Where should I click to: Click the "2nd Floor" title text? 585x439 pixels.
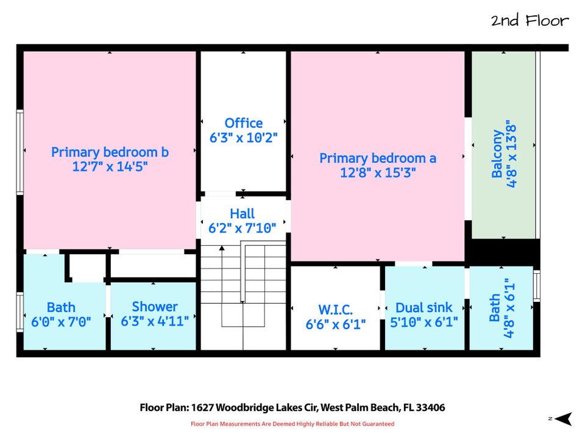(x=530, y=20)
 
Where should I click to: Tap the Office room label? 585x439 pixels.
(x=243, y=123)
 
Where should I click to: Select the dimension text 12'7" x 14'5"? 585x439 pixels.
(x=110, y=166)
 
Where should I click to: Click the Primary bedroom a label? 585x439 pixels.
(x=378, y=159)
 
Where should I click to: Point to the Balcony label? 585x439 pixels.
(x=497, y=154)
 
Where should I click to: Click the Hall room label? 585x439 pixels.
(x=242, y=213)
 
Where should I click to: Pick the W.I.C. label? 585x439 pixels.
(x=335, y=310)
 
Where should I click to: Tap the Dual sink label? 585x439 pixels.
(x=424, y=307)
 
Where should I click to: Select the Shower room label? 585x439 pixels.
(x=154, y=307)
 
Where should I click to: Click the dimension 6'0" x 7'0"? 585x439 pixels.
(x=61, y=321)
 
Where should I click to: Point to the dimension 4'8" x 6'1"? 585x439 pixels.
(x=509, y=309)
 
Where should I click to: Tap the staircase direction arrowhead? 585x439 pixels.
(x=222, y=248)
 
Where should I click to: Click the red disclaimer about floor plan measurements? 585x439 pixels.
(x=292, y=424)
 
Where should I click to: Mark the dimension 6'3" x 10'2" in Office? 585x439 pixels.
(x=243, y=138)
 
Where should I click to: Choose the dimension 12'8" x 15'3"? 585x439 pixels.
(x=378, y=173)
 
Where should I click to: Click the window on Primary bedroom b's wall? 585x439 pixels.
(x=20, y=152)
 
